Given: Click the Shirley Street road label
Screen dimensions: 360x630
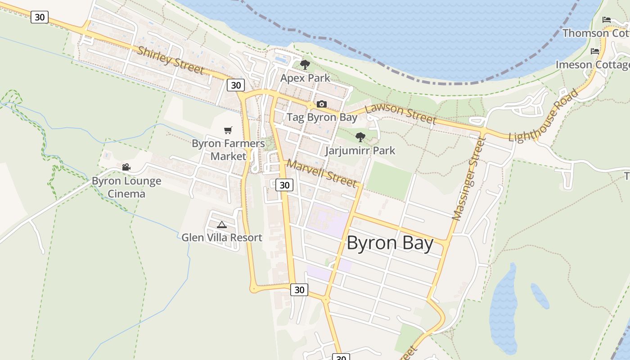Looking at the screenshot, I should (x=171, y=60).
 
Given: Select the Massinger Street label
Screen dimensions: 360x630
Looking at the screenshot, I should (x=469, y=179).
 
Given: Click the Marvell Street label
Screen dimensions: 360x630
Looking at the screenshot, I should (x=322, y=173).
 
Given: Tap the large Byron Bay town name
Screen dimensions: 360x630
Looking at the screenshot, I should (x=390, y=243).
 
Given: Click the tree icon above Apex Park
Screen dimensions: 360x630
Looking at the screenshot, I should (x=305, y=65).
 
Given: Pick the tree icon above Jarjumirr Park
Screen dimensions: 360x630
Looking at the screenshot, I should (x=360, y=137).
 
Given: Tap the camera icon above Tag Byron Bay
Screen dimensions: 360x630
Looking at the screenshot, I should (x=321, y=104).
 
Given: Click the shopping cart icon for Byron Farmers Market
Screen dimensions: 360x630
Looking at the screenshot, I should (x=228, y=130).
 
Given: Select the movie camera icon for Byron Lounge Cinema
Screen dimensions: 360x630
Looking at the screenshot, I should (x=126, y=167).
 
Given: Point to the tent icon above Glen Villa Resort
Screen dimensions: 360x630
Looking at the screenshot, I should (x=221, y=225).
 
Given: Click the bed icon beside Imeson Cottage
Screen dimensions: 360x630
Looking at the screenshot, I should (x=595, y=51).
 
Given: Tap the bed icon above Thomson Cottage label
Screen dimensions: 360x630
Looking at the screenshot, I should (x=607, y=20).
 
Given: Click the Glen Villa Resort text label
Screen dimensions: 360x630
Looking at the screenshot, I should (x=221, y=238).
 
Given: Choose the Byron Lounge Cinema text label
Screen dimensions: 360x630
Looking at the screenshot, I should (x=126, y=188).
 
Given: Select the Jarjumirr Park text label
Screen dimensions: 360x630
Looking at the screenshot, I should (x=360, y=151).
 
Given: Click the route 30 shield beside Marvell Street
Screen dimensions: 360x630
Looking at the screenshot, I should (x=284, y=185).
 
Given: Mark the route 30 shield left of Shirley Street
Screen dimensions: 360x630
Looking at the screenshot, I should (x=40, y=17).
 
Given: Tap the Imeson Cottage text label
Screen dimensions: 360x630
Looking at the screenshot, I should (x=592, y=65).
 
